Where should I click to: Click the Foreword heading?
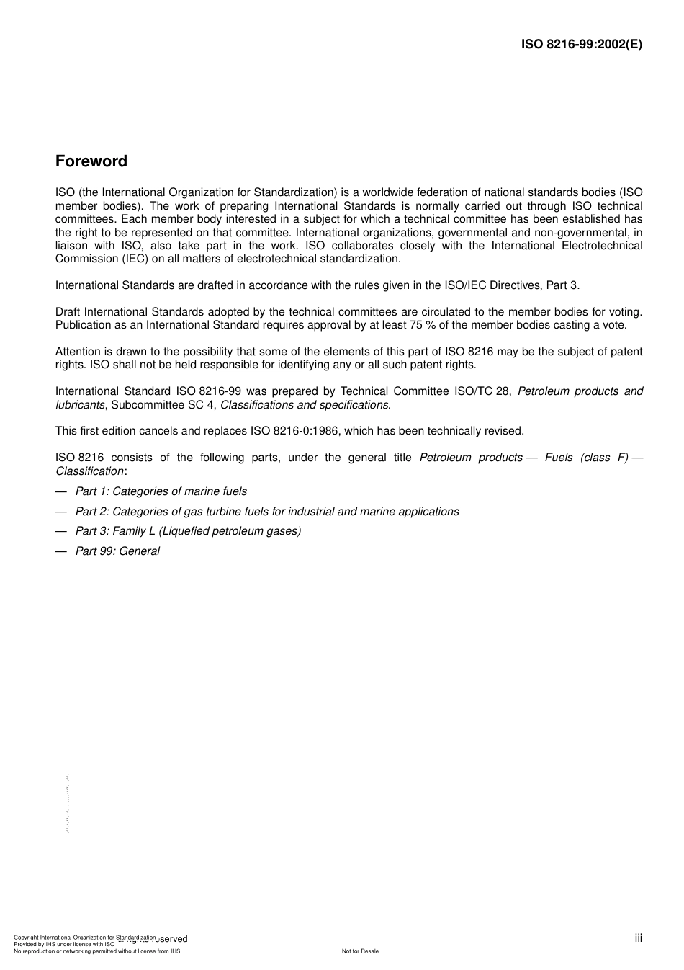91,161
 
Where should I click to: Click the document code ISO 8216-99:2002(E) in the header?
581,44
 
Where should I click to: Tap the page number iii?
638,938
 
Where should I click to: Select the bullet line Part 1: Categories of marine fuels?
161,491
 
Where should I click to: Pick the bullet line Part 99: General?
117,551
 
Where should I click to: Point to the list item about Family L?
188,531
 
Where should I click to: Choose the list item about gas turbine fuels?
267,512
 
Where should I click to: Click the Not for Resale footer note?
360,951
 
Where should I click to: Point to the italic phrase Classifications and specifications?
305,405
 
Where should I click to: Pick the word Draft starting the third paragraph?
68,312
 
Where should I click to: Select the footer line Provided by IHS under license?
64,944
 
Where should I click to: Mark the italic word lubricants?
80,405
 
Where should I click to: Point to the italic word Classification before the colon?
89,471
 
